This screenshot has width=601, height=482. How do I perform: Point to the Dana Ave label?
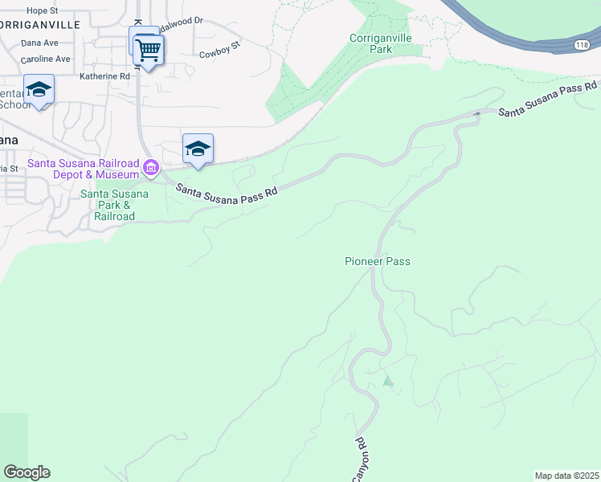pyautogui.click(x=40, y=43)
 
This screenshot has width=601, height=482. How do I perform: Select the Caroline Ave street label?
pyautogui.click(x=45, y=59)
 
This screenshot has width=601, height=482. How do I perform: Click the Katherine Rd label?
pyautogui.click(x=104, y=76)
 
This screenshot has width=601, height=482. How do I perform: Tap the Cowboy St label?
pyautogui.click(x=220, y=55)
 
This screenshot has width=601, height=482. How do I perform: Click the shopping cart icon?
pyautogui.click(x=148, y=51)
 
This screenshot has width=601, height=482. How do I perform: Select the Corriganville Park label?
pyautogui.click(x=370, y=43)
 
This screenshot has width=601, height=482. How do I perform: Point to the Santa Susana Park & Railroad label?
pyautogui.click(x=114, y=205)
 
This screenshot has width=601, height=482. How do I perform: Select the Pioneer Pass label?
pyautogui.click(x=382, y=261)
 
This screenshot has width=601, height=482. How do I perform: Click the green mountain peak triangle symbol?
pyautogui.click(x=389, y=381)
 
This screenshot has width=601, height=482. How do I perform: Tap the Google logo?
pyautogui.click(x=27, y=472)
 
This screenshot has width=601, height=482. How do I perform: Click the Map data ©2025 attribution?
pyautogui.click(x=566, y=476)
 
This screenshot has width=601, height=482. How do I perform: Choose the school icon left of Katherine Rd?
pyautogui.click(x=39, y=89)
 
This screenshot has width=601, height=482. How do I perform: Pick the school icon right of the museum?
pyautogui.click(x=198, y=149)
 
